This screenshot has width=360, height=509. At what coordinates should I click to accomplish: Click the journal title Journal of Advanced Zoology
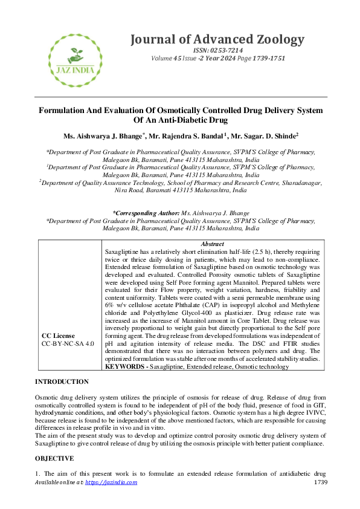pyautogui.click(x=217, y=40)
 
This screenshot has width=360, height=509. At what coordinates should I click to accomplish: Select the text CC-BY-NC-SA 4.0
pyautogui.click(x=68, y=343)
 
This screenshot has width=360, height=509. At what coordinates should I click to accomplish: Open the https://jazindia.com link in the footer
pyautogui.click(x=111, y=482)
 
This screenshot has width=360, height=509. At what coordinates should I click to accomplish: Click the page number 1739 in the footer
pyautogui.click(x=320, y=482)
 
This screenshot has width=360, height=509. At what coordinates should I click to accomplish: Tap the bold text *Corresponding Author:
pyautogui.click(x=146, y=213)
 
